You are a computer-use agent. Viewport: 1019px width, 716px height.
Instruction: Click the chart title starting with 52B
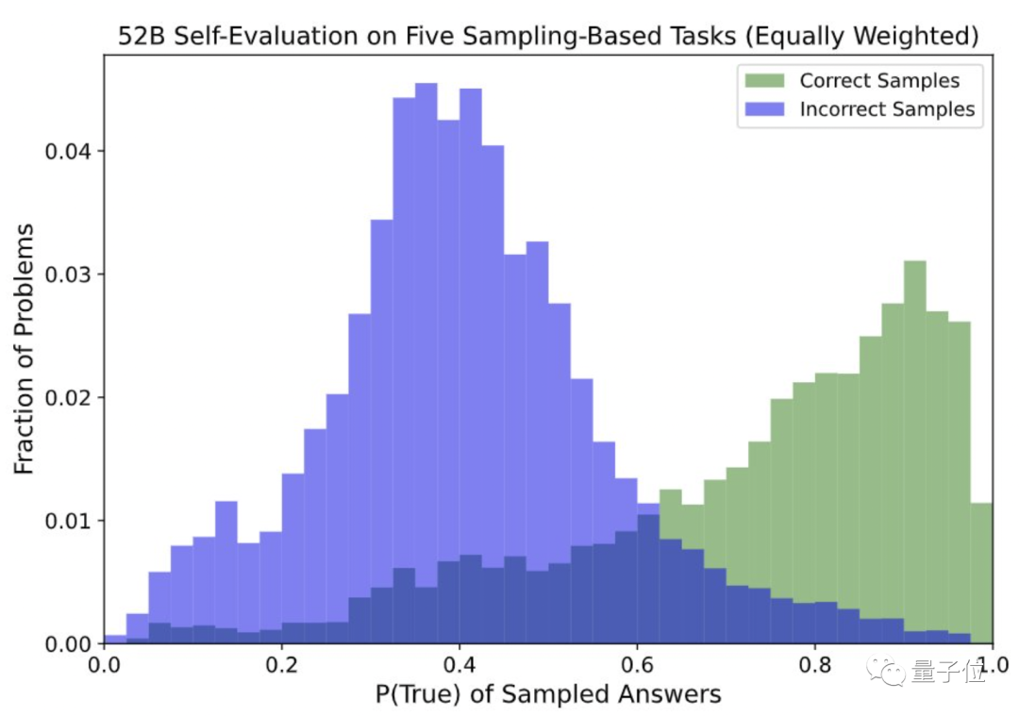(x=547, y=37)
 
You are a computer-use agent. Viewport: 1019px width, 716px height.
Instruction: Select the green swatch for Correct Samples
(x=767, y=81)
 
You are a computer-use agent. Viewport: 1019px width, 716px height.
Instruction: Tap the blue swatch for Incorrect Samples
(x=767, y=109)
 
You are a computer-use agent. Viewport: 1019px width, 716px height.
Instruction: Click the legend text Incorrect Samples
(x=887, y=109)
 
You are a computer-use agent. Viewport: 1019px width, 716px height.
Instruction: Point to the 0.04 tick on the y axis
(x=71, y=151)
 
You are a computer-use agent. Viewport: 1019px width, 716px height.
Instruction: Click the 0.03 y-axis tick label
(x=71, y=275)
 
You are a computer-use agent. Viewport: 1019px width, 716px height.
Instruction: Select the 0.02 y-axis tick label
(x=71, y=397)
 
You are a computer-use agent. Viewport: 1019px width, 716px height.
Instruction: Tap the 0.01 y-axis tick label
(x=71, y=521)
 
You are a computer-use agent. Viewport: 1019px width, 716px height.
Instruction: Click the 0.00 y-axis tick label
(x=71, y=644)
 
